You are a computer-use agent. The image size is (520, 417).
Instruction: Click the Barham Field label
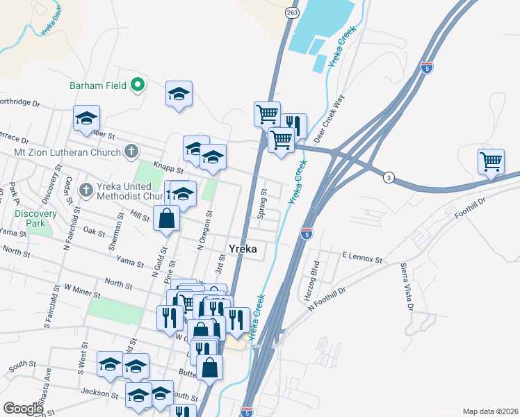(x=97, y=85)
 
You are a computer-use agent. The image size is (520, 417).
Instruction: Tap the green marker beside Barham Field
(x=138, y=85)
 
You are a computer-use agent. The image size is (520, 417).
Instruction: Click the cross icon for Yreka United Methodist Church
(x=86, y=189)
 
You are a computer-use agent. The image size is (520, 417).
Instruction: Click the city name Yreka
(x=245, y=249)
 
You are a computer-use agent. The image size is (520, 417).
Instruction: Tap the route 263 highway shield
(x=292, y=12)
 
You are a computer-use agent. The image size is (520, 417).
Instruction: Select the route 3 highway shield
(x=389, y=179)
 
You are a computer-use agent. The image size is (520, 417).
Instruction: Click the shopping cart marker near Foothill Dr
(x=491, y=163)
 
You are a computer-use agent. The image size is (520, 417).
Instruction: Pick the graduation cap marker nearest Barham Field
(x=179, y=95)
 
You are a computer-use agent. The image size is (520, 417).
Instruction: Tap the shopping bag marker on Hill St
(x=168, y=219)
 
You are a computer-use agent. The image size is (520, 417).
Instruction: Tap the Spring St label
(x=263, y=203)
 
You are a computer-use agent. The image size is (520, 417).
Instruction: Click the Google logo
(x=23, y=408)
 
